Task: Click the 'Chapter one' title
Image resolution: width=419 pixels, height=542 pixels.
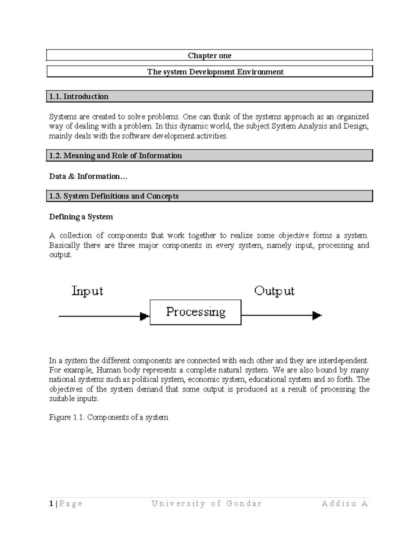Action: click(x=209, y=55)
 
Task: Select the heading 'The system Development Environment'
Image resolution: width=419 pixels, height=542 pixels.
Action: click(x=215, y=72)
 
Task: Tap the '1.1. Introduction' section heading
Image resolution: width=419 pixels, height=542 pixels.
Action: click(x=79, y=96)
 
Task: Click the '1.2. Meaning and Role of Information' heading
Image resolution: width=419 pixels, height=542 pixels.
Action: click(x=116, y=156)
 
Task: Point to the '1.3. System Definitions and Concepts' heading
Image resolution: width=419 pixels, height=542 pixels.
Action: click(x=114, y=196)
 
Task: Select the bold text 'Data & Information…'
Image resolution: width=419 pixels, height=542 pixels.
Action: click(x=88, y=176)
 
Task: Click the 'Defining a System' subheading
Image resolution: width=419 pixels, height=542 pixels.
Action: click(x=81, y=217)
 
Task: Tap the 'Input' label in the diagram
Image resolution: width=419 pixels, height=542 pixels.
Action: click(x=87, y=291)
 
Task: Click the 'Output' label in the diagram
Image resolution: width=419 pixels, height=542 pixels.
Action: click(x=274, y=291)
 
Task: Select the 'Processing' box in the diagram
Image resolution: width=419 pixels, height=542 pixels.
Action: click(x=196, y=312)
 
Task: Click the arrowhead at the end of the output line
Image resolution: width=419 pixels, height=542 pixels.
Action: click(x=317, y=315)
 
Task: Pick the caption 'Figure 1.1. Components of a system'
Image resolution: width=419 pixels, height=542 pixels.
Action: click(x=109, y=417)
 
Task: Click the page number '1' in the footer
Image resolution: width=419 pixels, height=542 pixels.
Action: click(x=51, y=503)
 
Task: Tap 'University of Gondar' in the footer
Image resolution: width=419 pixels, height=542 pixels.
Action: click(x=206, y=503)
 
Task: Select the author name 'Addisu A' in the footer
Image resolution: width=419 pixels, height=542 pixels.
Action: click(x=345, y=503)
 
